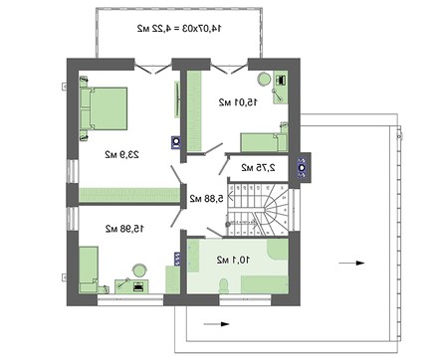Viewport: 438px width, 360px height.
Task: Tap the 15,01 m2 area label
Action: point(239,100)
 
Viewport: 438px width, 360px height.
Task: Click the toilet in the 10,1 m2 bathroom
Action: point(226,287)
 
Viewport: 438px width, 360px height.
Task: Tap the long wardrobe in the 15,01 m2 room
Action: point(197,109)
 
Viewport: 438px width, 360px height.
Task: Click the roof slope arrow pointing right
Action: point(347,262)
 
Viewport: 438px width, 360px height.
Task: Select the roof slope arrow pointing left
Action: point(210,323)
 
